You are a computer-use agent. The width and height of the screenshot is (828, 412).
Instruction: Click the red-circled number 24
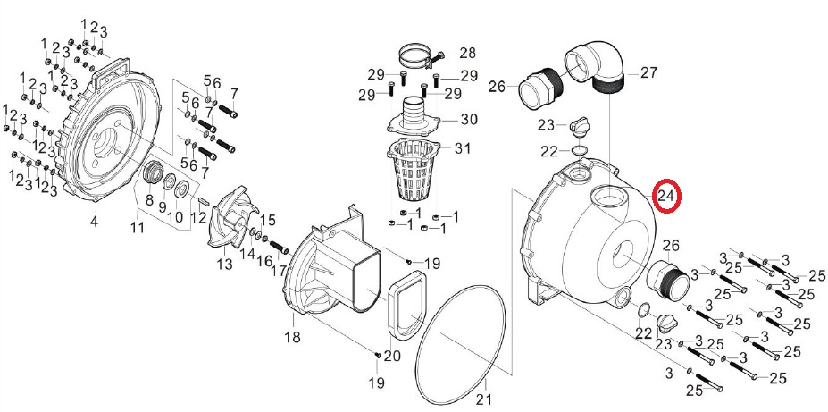666,197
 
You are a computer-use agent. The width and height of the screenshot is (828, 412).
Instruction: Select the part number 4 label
94,221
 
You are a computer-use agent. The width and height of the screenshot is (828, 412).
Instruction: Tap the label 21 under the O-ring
486,399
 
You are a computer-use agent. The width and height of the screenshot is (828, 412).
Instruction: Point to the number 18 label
293,336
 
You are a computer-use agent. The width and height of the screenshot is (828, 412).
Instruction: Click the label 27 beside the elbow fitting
648,72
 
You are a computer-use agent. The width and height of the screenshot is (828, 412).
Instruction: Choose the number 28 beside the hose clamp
467,53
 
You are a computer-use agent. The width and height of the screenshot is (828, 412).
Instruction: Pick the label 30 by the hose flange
469,120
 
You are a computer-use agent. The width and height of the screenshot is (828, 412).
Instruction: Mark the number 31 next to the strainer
462,147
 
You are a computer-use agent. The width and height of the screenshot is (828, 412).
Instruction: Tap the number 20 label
392,356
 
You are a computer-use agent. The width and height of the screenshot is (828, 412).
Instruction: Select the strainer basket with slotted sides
414,171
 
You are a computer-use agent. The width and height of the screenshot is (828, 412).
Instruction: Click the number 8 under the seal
149,200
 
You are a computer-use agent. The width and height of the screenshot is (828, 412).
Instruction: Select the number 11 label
138,228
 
